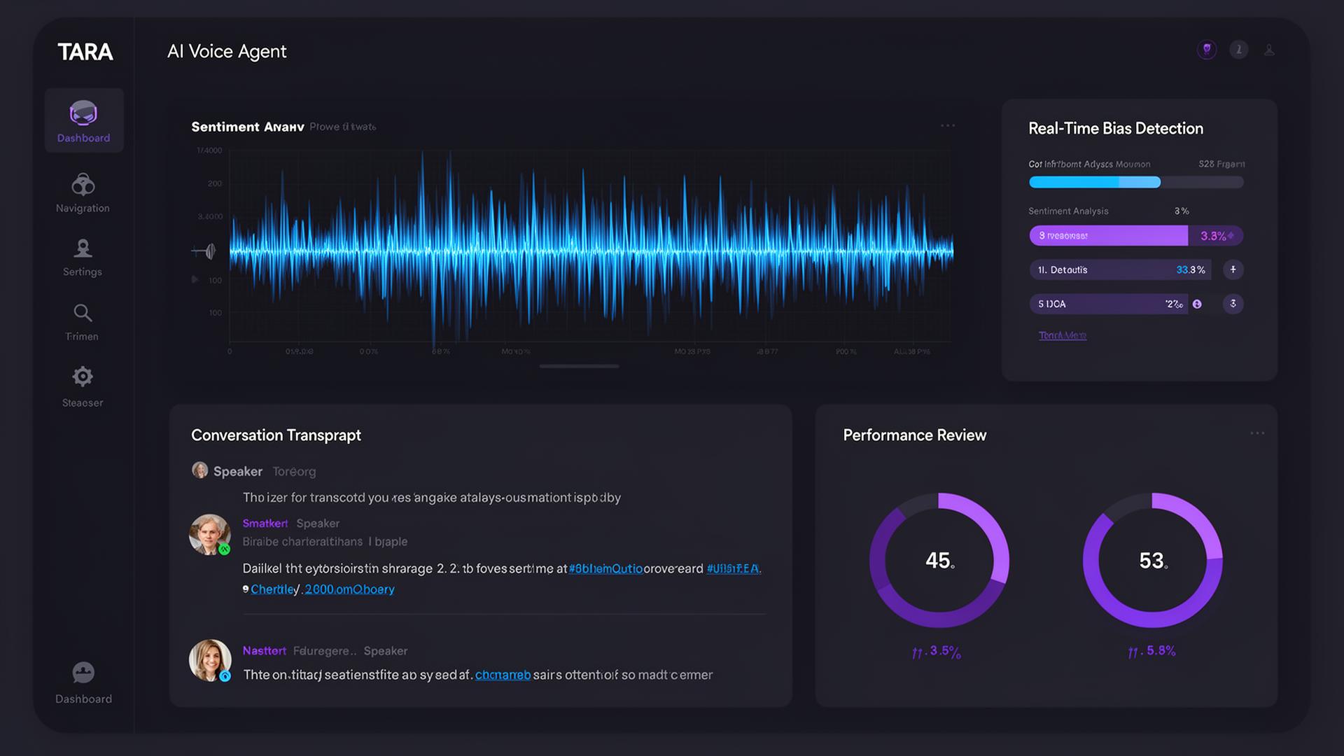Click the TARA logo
pyautogui.click(x=85, y=52)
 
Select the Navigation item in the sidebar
pyautogui.click(x=83, y=192)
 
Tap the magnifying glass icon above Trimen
pyautogui.click(x=83, y=312)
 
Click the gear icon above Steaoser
pyautogui.click(x=83, y=377)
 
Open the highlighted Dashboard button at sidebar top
pyautogui.click(x=84, y=120)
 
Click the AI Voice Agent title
pyautogui.click(x=227, y=51)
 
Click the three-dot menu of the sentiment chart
pyautogui.click(x=948, y=125)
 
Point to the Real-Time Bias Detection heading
pyautogui.click(x=1115, y=128)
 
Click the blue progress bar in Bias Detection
pyautogui.click(x=1094, y=182)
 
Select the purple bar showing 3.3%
pyautogui.click(x=1108, y=235)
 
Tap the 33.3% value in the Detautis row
pyautogui.click(x=1190, y=269)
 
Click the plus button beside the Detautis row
pyautogui.click(x=1233, y=269)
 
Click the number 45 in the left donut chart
pyautogui.click(x=939, y=560)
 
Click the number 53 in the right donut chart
pyautogui.click(x=1151, y=560)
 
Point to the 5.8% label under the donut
pyautogui.click(x=1160, y=650)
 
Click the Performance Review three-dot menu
pyautogui.click(x=1257, y=433)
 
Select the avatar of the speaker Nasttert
pyautogui.click(x=209, y=659)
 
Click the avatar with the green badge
pyautogui.click(x=209, y=534)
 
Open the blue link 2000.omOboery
pyautogui.click(x=349, y=589)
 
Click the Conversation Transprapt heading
pyautogui.click(x=276, y=435)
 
